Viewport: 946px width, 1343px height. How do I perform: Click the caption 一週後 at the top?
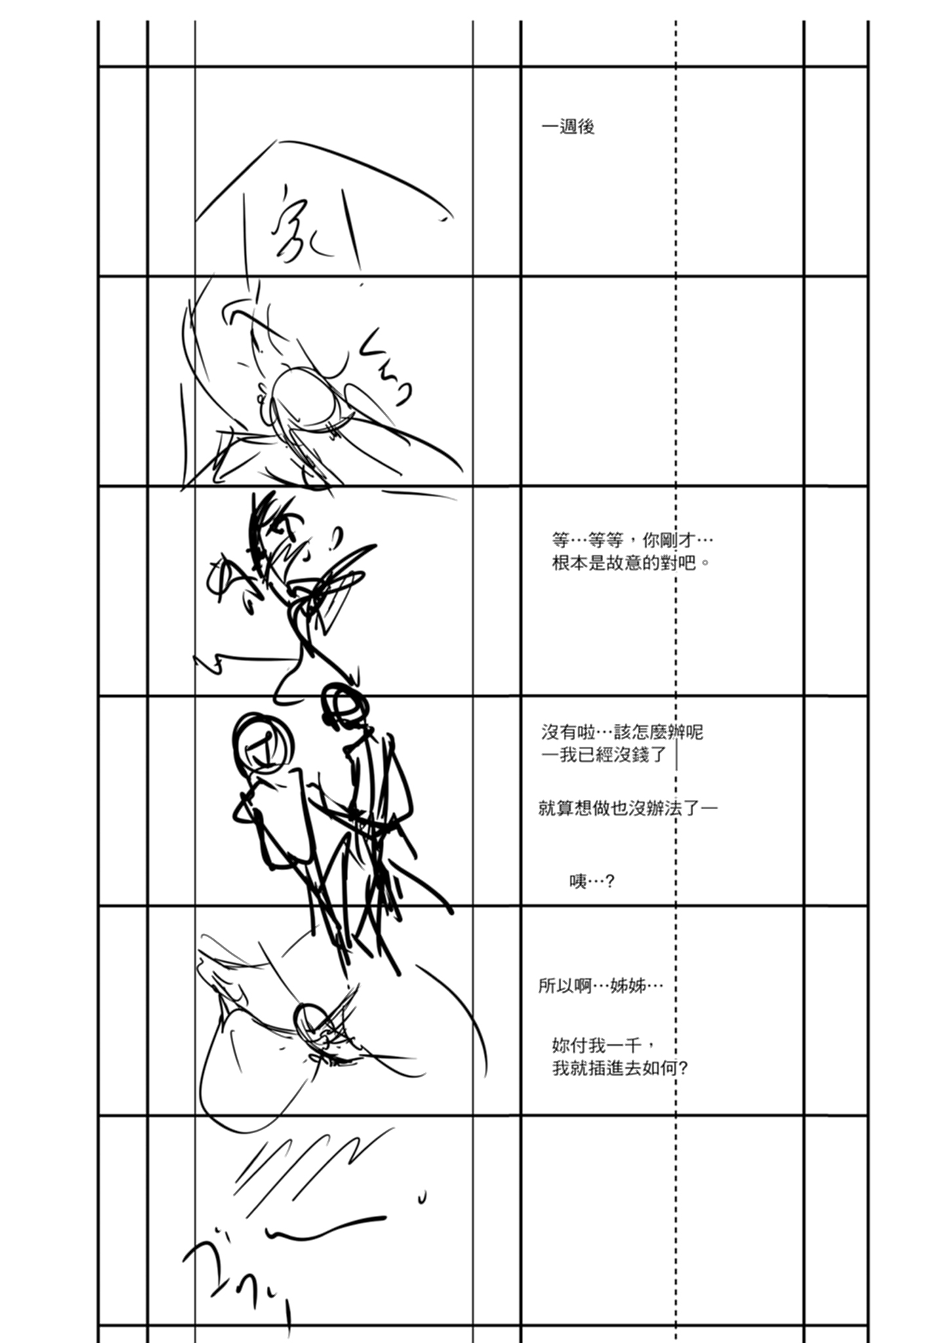tap(568, 127)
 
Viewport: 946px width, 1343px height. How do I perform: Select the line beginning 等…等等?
tap(632, 540)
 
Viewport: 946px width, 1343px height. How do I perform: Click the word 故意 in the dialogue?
tap(625, 563)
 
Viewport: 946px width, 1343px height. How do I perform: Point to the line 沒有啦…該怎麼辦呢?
tap(621, 732)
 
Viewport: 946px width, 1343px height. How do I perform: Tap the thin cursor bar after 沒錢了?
tap(676, 755)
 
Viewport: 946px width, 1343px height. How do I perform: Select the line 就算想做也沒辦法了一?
tap(627, 808)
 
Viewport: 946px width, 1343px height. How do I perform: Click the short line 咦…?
tap(591, 881)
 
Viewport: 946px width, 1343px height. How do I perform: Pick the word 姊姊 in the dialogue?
tap(627, 985)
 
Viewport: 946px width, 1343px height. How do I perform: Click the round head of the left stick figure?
tap(262, 742)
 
